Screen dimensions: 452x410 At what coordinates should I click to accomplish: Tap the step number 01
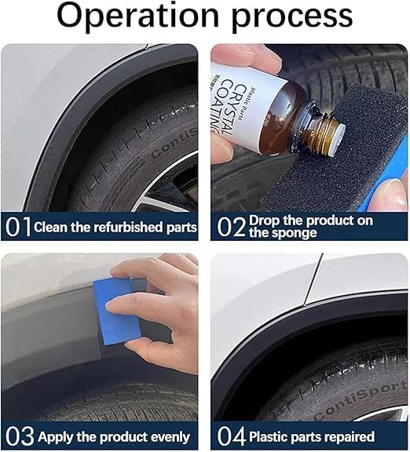click(17, 227)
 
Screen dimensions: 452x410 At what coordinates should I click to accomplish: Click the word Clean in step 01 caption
click(51, 228)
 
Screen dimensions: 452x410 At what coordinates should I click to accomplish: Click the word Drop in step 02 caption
click(265, 221)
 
